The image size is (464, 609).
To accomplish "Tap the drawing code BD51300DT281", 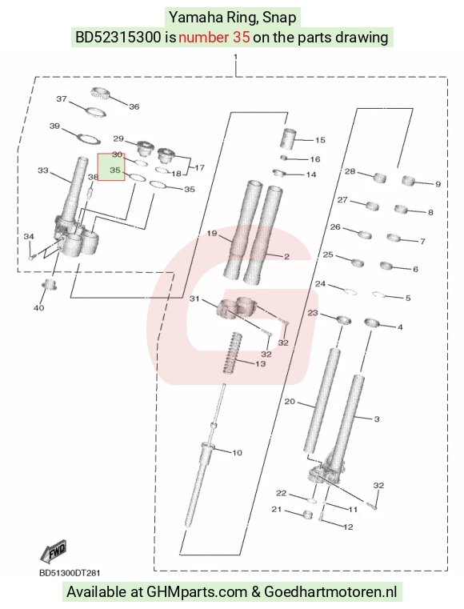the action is pyautogui.click(x=70, y=572).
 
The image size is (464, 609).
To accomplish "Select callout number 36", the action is pyautogui.click(x=134, y=106).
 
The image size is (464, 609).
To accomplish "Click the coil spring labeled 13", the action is pyautogui.click(x=231, y=353).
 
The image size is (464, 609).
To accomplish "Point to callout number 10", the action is pyautogui.click(x=237, y=452).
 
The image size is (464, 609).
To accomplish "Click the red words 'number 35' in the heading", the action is pyautogui.click(x=214, y=38).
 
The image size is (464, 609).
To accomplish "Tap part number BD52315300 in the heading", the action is pyautogui.click(x=118, y=38).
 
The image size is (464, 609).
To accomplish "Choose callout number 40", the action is pyautogui.click(x=39, y=308).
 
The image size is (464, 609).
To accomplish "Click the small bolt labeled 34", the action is pyautogui.click(x=31, y=257).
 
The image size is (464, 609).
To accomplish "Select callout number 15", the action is pyautogui.click(x=320, y=140).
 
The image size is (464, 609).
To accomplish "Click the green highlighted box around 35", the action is pyautogui.click(x=111, y=167).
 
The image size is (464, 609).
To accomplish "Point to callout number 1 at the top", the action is pyautogui.click(x=236, y=57).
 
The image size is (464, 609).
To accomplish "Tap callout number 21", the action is pyautogui.click(x=276, y=509).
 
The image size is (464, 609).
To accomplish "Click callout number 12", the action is pyautogui.click(x=348, y=527).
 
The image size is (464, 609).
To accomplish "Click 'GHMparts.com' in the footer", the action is pyautogui.click(x=197, y=592).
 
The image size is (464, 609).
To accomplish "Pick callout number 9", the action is pyautogui.click(x=438, y=184).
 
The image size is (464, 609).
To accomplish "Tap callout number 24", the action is pyautogui.click(x=320, y=284).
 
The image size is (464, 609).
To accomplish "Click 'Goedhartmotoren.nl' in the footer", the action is pyautogui.click(x=330, y=592).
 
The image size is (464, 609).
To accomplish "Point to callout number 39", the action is pyautogui.click(x=54, y=126).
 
